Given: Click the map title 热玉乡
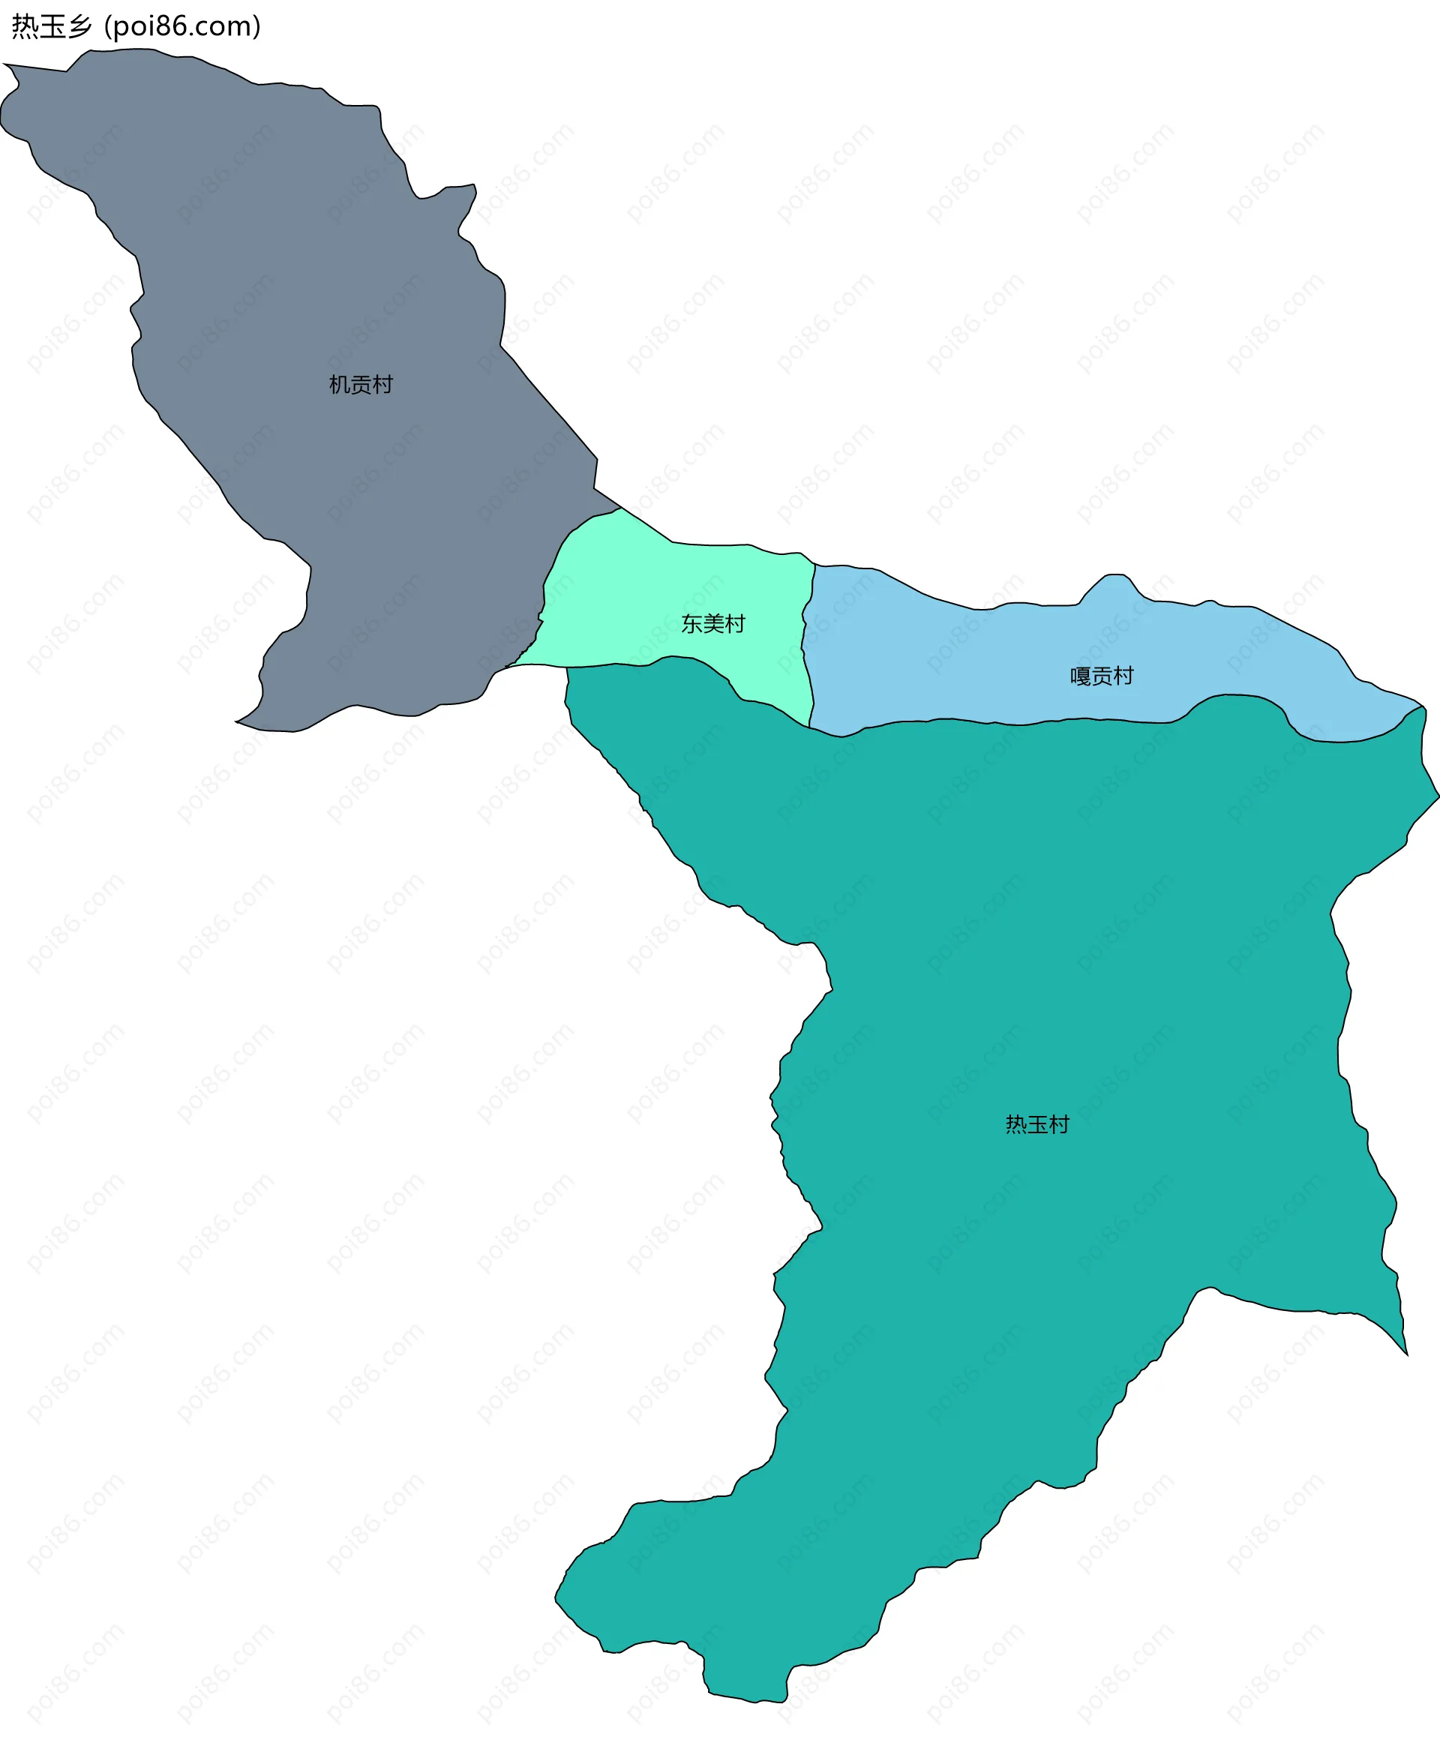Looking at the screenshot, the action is point(52,26).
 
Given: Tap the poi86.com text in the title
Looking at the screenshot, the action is point(182,26).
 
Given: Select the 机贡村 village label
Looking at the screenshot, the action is point(361,385).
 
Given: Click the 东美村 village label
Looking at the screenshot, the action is point(713,624).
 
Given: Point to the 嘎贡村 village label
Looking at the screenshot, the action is point(1102,676).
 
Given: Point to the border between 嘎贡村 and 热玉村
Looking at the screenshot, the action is point(1078,719).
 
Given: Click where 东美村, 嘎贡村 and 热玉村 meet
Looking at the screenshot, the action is point(809,727).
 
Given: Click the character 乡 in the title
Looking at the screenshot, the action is point(79,26).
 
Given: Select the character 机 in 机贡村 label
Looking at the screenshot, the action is point(339,385).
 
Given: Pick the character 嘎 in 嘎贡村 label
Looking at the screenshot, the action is point(1080,676).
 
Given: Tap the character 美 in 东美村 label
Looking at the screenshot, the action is point(713,624).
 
